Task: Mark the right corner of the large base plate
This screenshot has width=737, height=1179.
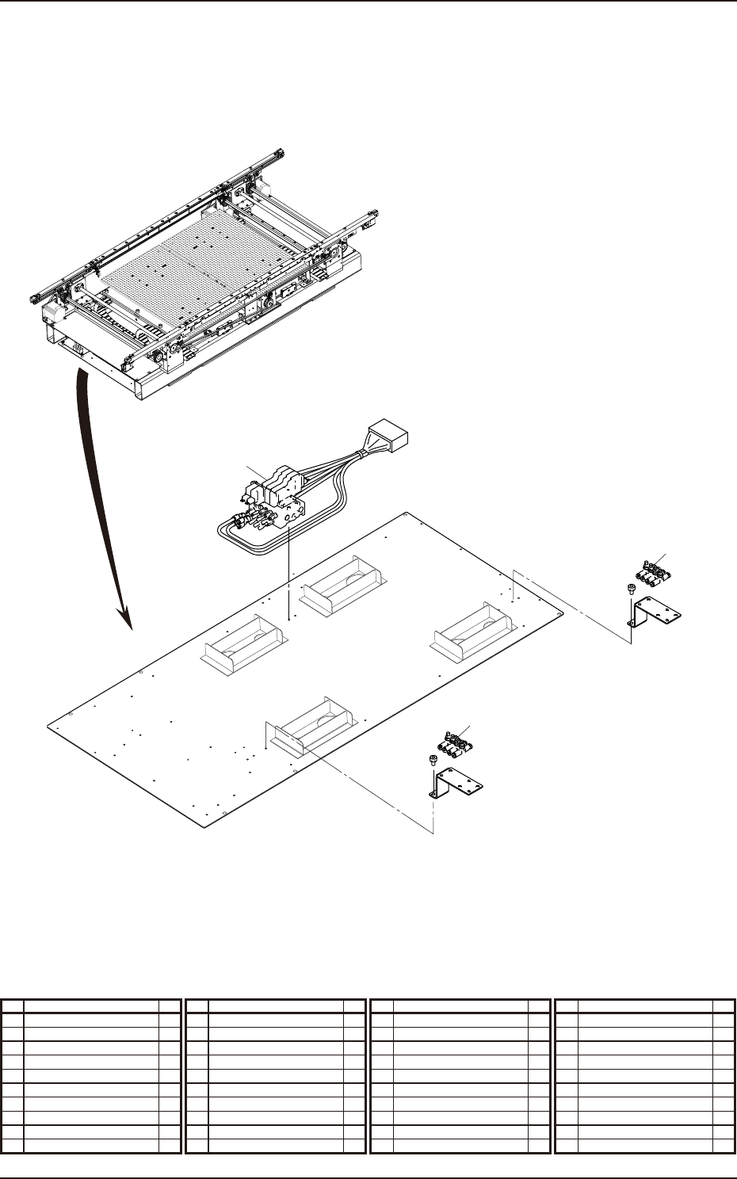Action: click(x=563, y=612)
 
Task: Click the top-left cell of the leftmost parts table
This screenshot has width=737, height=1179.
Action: click(x=13, y=1005)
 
